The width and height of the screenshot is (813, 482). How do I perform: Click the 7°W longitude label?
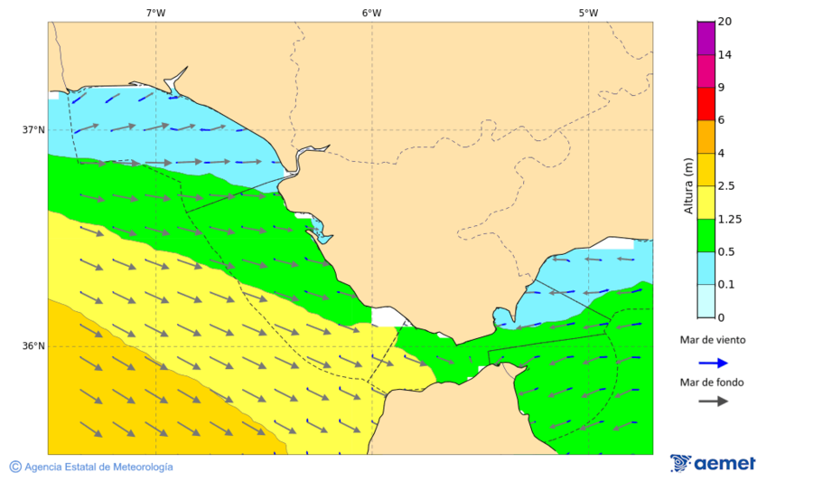click(x=155, y=13)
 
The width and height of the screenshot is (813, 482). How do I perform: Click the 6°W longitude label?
click(x=371, y=13)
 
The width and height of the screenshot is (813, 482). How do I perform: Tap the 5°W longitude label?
click(x=588, y=13)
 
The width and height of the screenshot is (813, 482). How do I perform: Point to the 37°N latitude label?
click(x=33, y=129)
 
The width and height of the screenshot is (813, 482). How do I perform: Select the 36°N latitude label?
click(x=33, y=345)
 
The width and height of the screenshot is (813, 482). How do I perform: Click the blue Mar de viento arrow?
click(x=713, y=363)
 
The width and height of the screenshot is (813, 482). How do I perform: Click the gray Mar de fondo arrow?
click(x=713, y=401)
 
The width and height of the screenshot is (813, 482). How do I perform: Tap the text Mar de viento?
click(x=713, y=340)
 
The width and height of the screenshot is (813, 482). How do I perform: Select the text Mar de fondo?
click(x=713, y=382)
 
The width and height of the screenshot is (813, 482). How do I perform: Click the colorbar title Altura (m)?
click(x=688, y=186)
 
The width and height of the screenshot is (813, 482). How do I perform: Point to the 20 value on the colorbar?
click(x=724, y=22)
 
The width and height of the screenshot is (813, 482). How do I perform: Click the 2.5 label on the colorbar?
click(x=726, y=186)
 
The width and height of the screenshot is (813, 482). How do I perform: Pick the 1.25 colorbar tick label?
click(x=729, y=219)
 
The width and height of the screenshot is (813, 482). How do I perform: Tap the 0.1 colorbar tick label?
click(x=726, y=285)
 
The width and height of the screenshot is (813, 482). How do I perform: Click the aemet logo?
click(x=713, y=463)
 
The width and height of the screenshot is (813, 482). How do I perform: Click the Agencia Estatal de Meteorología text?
click(x=98, y=467)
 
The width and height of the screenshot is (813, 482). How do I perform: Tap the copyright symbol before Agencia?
click(x=15, y=467)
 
